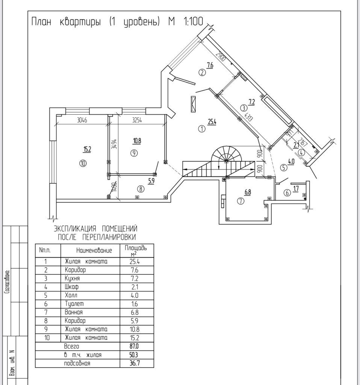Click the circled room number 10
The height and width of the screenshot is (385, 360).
point(83,163)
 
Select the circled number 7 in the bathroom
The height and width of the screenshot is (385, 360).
point(241,201)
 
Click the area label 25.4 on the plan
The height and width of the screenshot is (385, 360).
point(212,121)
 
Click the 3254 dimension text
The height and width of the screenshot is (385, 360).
point(137,121)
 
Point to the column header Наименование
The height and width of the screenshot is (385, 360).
point(94,250)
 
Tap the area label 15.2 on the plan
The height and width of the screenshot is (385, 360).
point(87,149)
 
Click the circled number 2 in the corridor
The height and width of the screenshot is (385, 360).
point(202,73)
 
